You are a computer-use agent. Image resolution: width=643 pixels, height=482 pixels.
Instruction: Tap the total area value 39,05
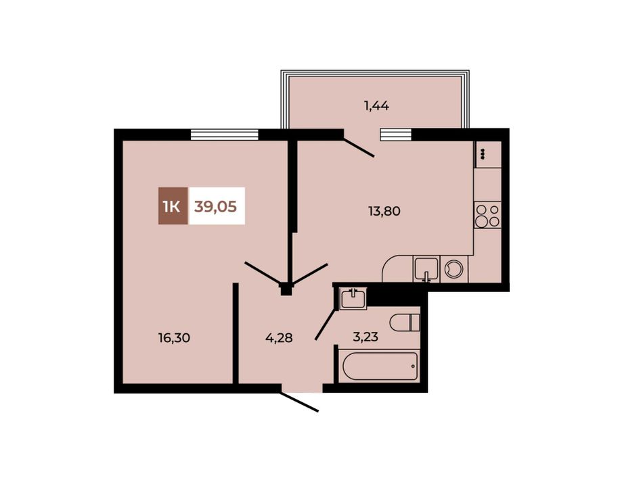216,206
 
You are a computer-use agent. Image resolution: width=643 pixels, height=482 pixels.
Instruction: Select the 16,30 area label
174,338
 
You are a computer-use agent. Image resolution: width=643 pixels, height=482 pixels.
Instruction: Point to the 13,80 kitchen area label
384,212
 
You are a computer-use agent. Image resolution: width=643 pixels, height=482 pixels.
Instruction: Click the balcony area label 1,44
376,106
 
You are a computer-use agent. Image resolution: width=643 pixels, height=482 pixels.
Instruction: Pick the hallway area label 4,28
279,338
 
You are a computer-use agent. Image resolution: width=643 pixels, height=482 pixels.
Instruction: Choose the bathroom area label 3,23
365,337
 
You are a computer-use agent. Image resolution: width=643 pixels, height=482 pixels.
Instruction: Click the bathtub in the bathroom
380,366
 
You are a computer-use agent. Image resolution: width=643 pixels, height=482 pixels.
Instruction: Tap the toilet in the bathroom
405,322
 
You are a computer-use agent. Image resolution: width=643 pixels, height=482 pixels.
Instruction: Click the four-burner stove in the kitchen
487,216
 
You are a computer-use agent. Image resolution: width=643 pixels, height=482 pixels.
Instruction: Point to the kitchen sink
426,270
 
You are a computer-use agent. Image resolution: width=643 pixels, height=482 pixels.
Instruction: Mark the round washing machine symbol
454,270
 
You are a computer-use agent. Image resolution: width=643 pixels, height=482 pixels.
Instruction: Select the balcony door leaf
359,148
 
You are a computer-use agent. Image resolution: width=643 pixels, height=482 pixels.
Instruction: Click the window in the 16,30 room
225,135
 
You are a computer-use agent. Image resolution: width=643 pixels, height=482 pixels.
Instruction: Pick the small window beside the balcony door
396,135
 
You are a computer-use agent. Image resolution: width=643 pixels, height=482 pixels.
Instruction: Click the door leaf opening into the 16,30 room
263,272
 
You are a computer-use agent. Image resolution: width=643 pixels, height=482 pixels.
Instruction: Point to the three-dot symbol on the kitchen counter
483,154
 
